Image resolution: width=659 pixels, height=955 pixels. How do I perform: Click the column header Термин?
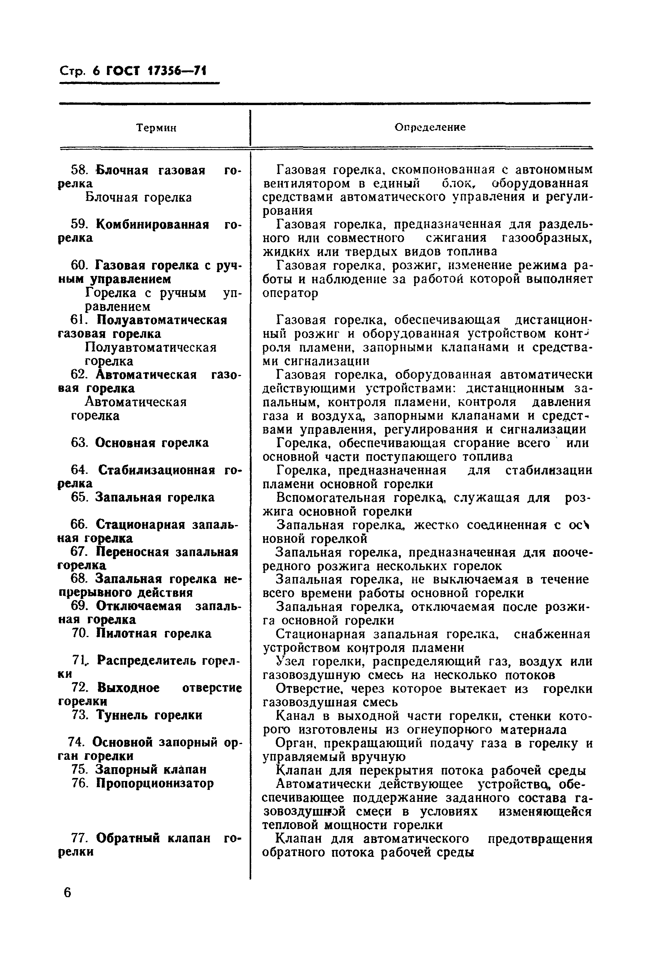pyautogui.click(x=157, y=128)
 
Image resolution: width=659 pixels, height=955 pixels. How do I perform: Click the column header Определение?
pyautogui.click(x=430, y=127)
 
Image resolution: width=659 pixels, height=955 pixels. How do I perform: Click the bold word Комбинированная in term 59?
pyautogui.click(x=152, y=225)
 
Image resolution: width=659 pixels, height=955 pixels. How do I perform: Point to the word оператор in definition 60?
pyautogui.click(x=290, y=293)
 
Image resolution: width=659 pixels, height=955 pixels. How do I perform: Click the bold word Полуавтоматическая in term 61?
pyautogui.click(x=162, y=320)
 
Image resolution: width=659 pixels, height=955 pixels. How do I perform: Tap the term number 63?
pyautogui.click(x=80, y=443)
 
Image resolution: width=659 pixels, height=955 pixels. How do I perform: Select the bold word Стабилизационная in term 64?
pyautogui.click(x=157, y=470)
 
